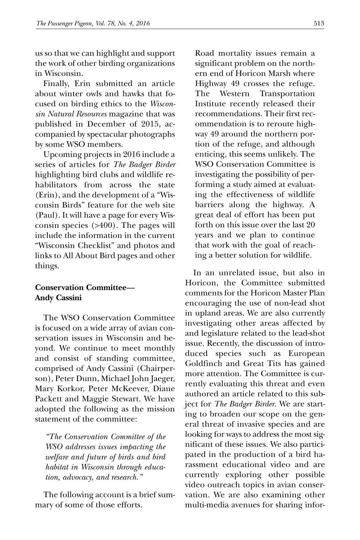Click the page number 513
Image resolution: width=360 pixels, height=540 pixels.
click(319, 23)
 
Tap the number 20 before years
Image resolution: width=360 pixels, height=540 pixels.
click(310, 225)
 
